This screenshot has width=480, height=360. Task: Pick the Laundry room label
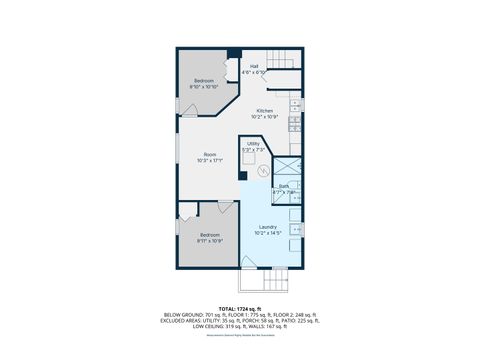pos(267,229)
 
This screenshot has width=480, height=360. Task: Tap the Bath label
pos(283,187)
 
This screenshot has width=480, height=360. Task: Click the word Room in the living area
pos(210,155)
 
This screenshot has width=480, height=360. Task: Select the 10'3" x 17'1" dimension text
pos(210,161)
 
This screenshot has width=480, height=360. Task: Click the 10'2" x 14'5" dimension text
pos(267,235)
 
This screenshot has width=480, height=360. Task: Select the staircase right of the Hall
pos(284,82)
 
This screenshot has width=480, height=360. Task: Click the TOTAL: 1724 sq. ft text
pos(240,308)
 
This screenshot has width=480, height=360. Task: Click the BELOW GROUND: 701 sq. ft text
pos(191,314)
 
